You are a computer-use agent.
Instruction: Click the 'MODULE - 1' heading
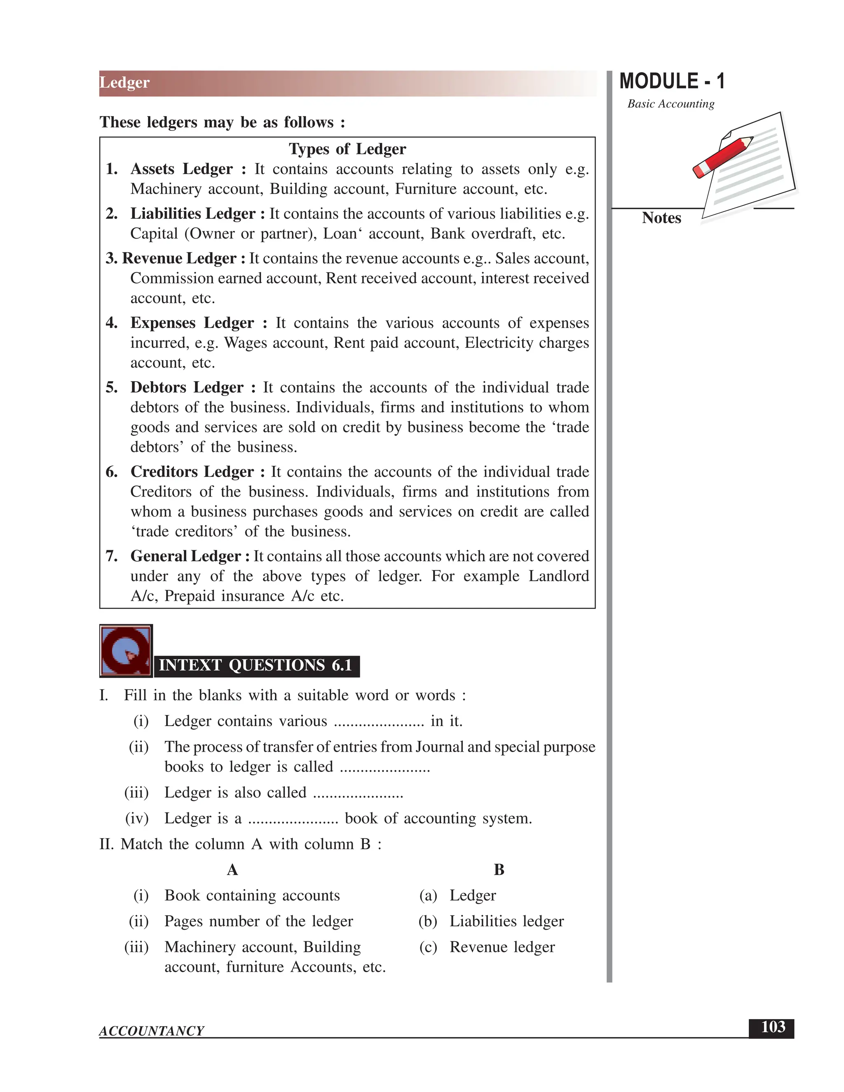pyautogui.click(x=671, y=81)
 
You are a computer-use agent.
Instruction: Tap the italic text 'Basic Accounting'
pyautogui.click(x=671, y=104)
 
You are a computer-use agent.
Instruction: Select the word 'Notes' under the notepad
pyautogui.click(x=661, y=218)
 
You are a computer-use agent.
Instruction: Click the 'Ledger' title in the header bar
pyautogui.click(x=124, y=82)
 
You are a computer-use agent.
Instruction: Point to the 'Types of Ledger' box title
pyautogui.click(x=347, y=149)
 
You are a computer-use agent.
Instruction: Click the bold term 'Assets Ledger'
pyautogui.click(x=181, y=169)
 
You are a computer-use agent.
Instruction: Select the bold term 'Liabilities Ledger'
pyautogui.click(x=193, y=213)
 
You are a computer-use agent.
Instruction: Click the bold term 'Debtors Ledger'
pyautogui.click(x=187, y=387)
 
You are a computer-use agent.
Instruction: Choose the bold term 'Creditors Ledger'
pyautogui.click(x=192, y=471)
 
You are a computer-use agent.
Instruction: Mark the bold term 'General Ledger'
pyautogui.click(x=185, y=556)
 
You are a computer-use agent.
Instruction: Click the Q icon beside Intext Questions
pyautogui.click(x=126, y=651)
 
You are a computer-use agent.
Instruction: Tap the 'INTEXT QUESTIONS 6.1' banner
pyautogui.click(x=256, y=666)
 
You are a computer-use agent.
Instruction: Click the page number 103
pyautogui.click(x=773, y=1027)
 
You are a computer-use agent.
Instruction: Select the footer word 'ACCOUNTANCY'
pyautogui.click(x=152, y=1031)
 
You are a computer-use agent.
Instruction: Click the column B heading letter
pyautogui.click(x=499, y=870)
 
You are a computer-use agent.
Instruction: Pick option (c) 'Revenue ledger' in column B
pyautogui.click(x=502, y=947)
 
